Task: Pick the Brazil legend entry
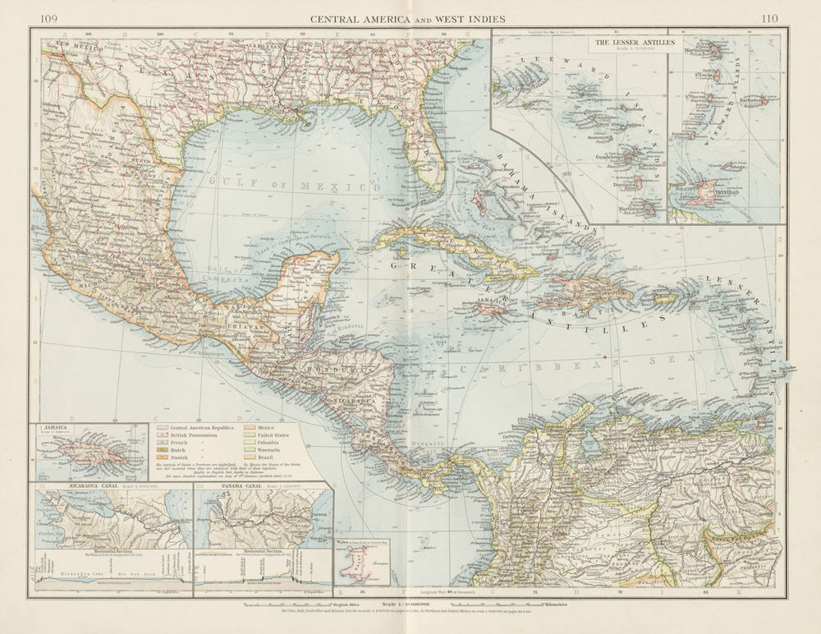[x=271, y=472]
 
